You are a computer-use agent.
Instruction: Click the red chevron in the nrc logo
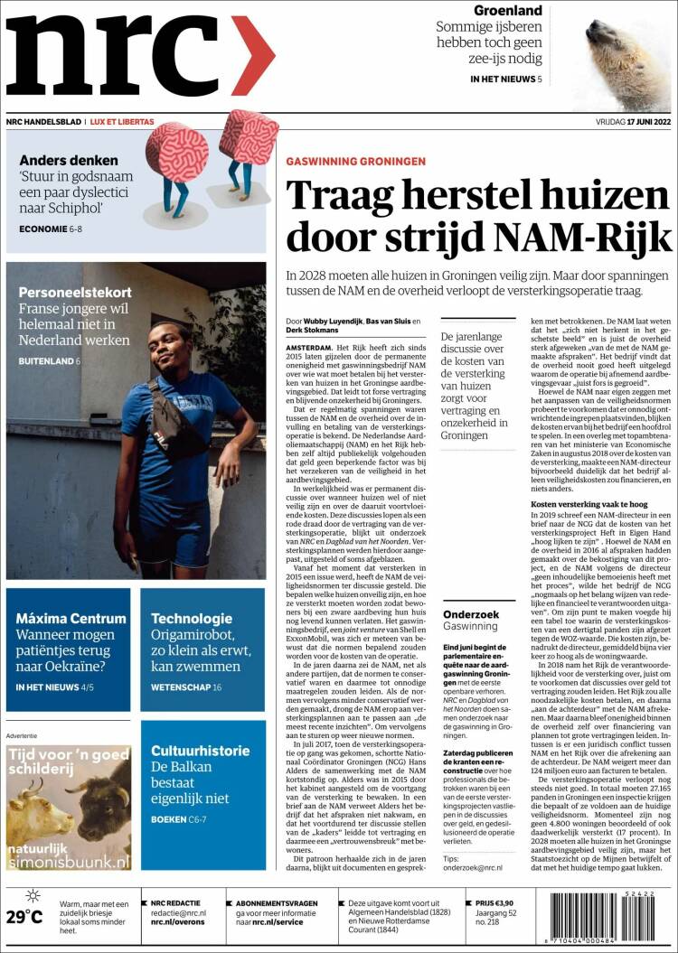point(252,56)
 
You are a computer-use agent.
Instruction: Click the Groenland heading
point(508,11)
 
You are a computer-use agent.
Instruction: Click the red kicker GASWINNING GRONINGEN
point(355,161)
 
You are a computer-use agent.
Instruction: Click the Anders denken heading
point(68,160)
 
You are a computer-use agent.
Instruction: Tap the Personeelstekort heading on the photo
point(75,293)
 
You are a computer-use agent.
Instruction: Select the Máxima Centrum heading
point(71,619)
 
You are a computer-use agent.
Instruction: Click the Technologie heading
point(192,619)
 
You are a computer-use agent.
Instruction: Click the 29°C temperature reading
point(24,917)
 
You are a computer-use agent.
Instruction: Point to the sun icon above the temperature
point(33,896)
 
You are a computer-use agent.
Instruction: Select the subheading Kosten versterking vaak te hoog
point(589,503)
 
